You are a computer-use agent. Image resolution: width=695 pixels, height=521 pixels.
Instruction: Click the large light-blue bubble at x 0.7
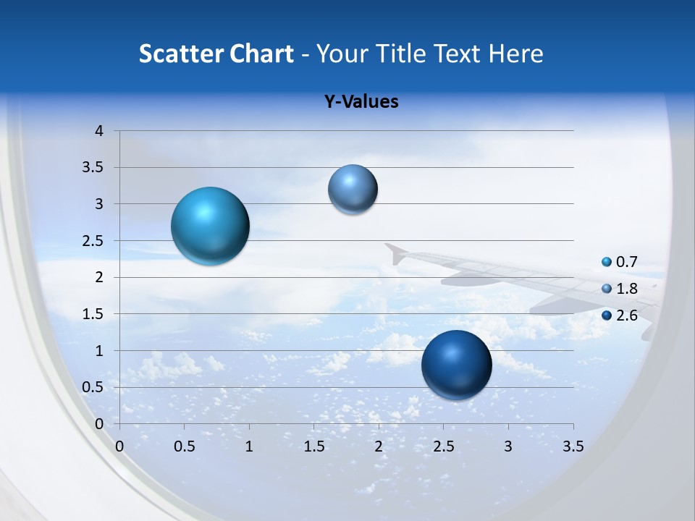[x=210, y=226]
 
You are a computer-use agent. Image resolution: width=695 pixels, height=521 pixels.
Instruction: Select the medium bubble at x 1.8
[x=353, y=189]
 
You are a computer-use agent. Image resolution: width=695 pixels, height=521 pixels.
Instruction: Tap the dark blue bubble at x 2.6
[x=456, y=365]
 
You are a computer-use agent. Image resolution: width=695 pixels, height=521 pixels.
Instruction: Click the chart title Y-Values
[x=361, y=102]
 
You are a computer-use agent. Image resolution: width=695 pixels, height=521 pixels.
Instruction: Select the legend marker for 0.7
[x=607, y=262]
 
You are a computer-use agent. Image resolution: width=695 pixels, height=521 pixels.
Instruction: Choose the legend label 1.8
[x=627, y=289]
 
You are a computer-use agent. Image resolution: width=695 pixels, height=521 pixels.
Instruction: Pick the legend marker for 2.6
[x=607, y=315]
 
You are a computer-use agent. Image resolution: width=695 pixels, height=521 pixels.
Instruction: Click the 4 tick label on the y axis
[x=100, y=131]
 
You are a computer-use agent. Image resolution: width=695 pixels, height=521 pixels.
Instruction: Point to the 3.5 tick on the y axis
[x=94, y=168]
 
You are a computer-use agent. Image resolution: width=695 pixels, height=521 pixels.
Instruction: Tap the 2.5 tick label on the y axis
[x=94, y=241]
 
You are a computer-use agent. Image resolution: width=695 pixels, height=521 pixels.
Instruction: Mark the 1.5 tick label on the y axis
[x=94, y=314]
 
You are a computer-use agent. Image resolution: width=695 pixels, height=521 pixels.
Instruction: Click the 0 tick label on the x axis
[x=119, y=446]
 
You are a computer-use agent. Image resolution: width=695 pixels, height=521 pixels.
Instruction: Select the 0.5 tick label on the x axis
[x=185, y=446]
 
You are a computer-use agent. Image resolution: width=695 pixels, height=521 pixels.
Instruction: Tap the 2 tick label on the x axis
[x=379, y=446]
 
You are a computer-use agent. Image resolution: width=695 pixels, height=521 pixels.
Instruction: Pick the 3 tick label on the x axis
[x=508, y=446]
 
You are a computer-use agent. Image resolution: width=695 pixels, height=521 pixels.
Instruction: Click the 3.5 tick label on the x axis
[x=573, y=446]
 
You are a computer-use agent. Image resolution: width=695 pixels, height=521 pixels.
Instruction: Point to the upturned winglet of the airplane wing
[x=395, y=253]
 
